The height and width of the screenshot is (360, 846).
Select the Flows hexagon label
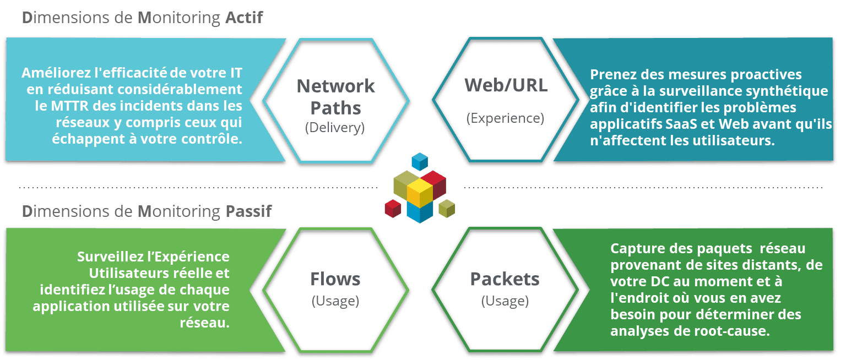tap(335, 279)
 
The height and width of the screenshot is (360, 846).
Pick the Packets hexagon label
tap(505, 279)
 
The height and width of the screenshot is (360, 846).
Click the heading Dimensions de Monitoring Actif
tap(143, 19)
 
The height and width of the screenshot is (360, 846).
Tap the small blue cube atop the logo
tap(420, 161)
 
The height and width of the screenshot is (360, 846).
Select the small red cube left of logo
tap(393, 209)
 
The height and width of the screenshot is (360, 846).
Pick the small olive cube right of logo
tap(447, 208)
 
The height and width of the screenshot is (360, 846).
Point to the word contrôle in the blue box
tap(211, 139)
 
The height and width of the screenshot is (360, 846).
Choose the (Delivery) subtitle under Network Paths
tap(335, 128)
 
